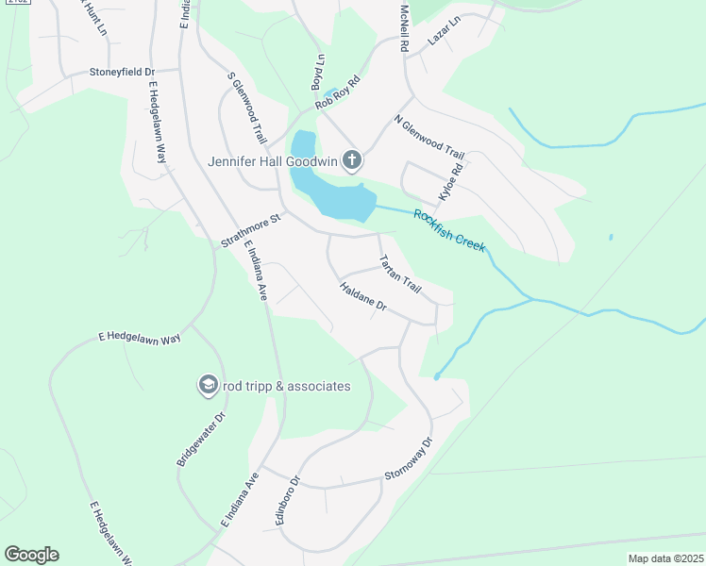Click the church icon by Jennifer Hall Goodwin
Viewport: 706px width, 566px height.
[351, 160]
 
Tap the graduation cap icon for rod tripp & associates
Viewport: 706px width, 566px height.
[208, 385]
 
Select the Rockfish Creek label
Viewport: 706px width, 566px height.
[448, 229]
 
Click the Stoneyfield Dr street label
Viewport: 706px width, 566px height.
[121, 72]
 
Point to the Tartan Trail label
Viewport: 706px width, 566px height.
[398, 273]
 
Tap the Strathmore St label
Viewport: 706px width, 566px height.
[251, 231]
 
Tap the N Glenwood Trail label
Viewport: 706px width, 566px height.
[429, 138]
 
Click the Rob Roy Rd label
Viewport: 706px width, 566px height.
[338, 92]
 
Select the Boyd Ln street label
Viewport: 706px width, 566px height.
[318, 72]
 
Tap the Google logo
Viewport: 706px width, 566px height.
[31, 555]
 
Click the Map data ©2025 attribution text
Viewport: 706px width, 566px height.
[664, 558]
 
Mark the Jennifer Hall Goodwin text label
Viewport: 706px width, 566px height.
[273, 161]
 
